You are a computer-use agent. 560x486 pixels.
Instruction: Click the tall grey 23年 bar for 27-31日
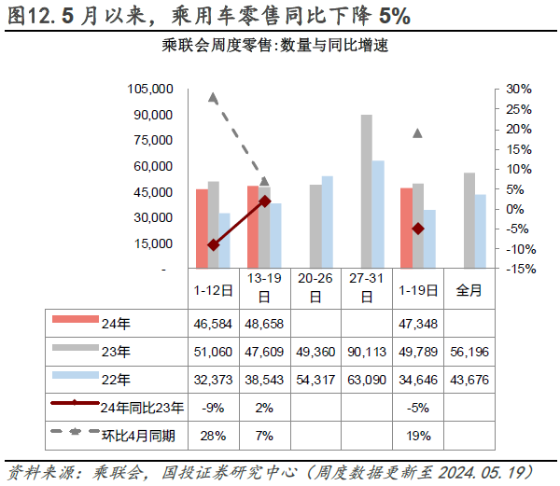367,191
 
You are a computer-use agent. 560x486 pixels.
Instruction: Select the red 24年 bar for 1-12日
202,229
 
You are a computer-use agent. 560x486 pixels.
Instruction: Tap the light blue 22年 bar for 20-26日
327,222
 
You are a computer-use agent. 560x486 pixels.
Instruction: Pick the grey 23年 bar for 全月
469,220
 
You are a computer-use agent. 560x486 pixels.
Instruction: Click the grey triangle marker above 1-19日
417,133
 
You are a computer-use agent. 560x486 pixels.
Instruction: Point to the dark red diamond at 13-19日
265,201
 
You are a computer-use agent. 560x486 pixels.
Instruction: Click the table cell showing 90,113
366,352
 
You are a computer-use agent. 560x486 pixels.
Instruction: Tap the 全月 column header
469,290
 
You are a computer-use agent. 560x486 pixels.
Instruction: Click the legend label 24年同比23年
149,408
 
